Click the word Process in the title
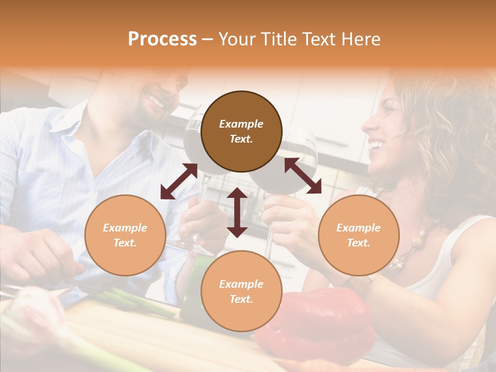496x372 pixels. point(162,39)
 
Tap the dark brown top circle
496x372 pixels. point(241,131)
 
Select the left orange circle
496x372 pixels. point(125,235)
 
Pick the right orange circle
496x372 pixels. point(359,235)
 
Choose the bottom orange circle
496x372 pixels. point(241,291)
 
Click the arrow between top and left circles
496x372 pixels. point(179,181)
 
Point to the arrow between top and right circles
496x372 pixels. point(303,176)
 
